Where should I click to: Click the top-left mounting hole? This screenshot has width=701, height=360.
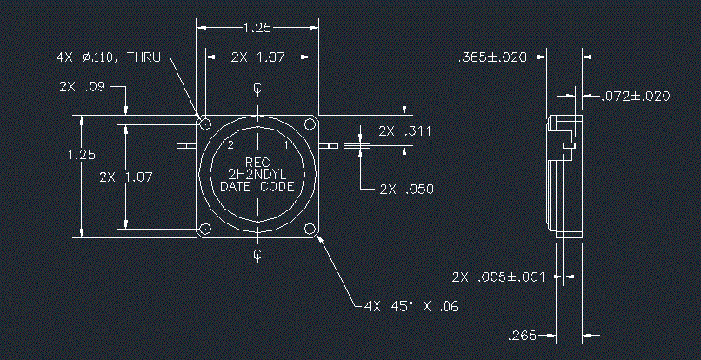coord(205,123)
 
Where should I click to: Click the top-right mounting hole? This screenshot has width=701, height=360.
coord(310,123)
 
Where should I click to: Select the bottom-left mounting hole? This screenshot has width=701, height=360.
coord(205,229)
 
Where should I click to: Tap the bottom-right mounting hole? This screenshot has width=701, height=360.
coord(310,229)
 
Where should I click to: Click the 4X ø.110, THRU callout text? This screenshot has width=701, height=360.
coord(108,57)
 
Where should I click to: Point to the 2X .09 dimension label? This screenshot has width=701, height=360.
coord(82,86)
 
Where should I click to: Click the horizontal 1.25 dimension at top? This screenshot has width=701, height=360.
coord(257,28)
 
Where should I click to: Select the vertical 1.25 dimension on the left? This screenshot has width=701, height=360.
coord(82,155)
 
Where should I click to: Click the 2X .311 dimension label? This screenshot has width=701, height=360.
coord(404,131)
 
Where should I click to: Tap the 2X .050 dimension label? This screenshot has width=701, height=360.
coord(406,190)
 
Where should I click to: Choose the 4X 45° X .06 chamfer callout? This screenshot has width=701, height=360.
coord(411,306)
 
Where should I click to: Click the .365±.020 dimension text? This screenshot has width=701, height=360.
coord(492,57)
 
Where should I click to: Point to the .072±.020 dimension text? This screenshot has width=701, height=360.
coord(635,96)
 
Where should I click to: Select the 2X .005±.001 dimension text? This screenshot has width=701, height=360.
coord(498,277)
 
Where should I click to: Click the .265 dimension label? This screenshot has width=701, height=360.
coord(522,336)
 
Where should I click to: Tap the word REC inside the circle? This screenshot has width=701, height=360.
coord(257,162)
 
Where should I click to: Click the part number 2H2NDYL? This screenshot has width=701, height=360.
coord(257,175)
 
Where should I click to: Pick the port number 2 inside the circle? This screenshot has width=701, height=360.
coord(230,145)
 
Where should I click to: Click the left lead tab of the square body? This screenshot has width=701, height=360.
coord(186,146)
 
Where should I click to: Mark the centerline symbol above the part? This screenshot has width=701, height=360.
coord(258,90)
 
